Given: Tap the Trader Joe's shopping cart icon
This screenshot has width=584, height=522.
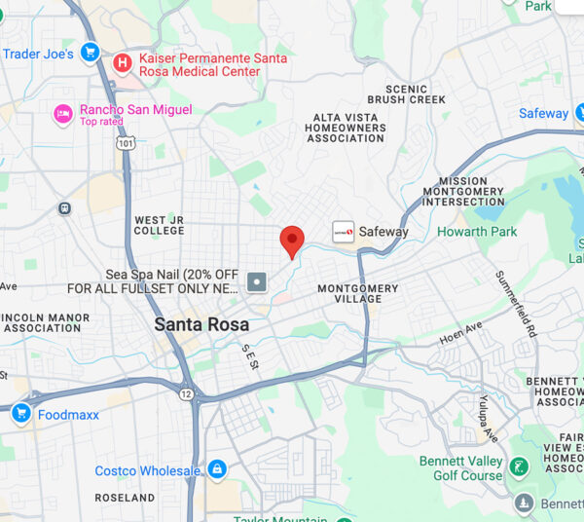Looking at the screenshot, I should click(91, 53).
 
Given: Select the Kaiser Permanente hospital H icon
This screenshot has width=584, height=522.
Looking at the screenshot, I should click(123, 64).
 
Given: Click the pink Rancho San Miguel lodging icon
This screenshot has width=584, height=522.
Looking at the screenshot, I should click(63, 114).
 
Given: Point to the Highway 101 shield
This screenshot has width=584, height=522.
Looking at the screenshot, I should click(125, 142).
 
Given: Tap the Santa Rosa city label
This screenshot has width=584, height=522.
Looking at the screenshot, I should click(201, 324).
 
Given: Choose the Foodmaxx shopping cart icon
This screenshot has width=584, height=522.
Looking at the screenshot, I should click(20, 414).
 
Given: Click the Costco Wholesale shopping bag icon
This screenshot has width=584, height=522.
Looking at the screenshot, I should click(216, 470).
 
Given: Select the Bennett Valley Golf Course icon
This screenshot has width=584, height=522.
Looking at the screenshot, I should click(520, 467).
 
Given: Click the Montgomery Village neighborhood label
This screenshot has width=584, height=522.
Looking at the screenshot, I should click(358, 293).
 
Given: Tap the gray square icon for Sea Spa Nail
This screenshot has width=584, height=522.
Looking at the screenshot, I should click(257, 282).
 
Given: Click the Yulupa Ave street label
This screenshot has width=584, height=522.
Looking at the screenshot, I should click(489, 417).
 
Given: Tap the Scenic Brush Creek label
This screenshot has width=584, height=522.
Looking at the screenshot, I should click(406, 94).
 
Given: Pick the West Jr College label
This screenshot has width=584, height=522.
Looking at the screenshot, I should click(159, 225).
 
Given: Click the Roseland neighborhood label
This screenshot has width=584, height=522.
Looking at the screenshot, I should click(126, 498).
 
